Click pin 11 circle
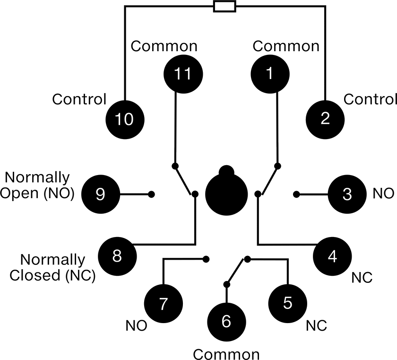click(x=183, y=74)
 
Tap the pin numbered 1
click(x=270, y=74)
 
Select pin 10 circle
click(x=125, y=120)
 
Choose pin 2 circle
click(x=325, y=120)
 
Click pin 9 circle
click(x=101, y=194)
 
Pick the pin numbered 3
click(x=347, y=194)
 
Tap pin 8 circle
click(x=117, y=256)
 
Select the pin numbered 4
click(x=332, y=256)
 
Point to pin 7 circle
click(x=164, y=303)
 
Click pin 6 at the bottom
click(x=226, y=322)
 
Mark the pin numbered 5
click(x=288, y=303)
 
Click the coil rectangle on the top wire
click(x=225, y=6)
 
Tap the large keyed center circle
click(x=226, y=192)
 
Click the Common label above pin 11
click(x=164, y=46)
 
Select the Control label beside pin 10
click(x=79, y=99)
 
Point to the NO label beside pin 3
click(x=384, y=193)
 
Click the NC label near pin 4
click(x=362, y=278)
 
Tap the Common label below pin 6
click(x=226, y=354)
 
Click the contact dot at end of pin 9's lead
click(x=151, y=194)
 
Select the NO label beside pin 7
click(x=137, y=325)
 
